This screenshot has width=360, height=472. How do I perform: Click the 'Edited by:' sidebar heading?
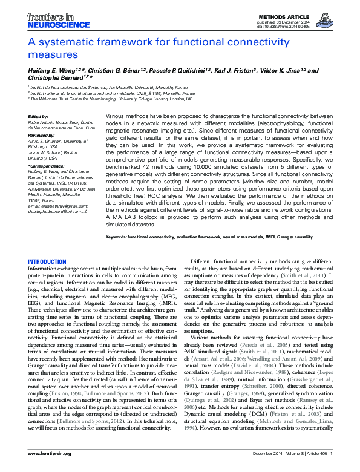[x=38, y=116]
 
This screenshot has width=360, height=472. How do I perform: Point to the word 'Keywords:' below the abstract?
[x=119, y=237]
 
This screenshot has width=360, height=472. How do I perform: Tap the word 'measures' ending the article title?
[x=53, y=55]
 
